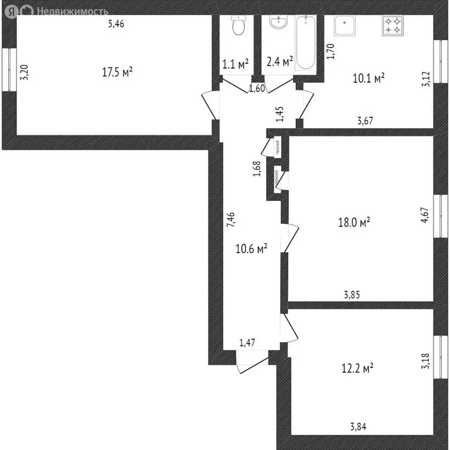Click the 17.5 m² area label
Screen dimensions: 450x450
coord(117,72)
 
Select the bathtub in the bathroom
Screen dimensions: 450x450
coord(306,43)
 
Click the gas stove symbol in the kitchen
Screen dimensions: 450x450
coord(393,25)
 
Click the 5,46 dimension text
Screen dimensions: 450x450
coord(117,24)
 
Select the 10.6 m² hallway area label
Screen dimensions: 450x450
coord(251,249)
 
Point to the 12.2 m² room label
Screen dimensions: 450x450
coord(357,369)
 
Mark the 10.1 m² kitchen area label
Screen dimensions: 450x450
coord(368,78)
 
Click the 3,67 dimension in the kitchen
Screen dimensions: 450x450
coord(366,121)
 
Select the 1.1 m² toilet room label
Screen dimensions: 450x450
coord(236,63)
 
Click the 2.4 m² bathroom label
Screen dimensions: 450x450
coord(279,63)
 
